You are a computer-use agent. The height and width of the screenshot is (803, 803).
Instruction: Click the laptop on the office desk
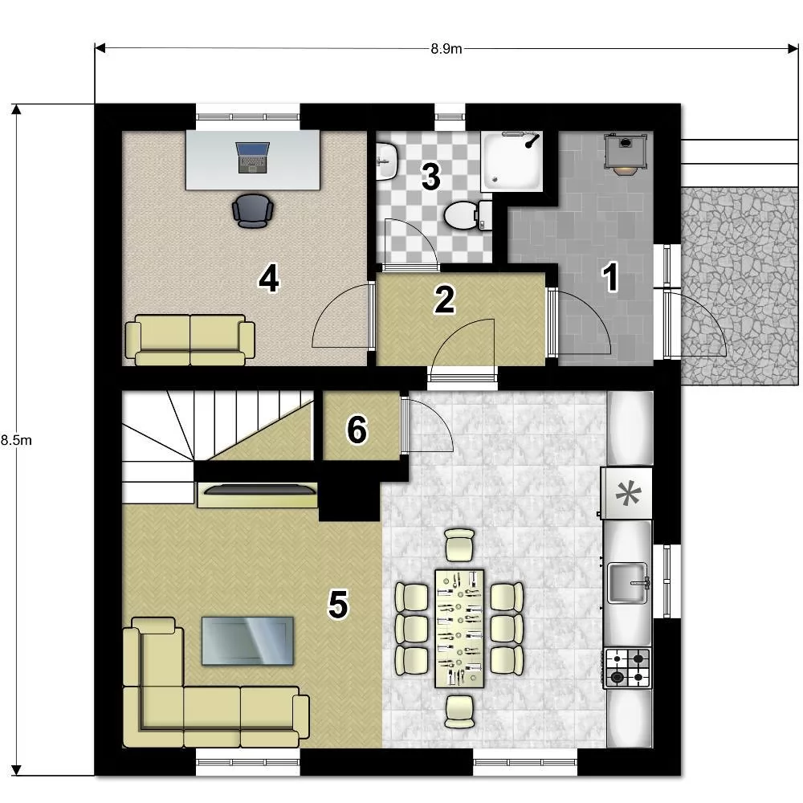[x=252, y=157]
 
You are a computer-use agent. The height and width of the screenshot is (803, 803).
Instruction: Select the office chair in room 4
[x=252, y=210]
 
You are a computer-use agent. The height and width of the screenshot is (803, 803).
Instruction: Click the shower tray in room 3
[x=512, y=161]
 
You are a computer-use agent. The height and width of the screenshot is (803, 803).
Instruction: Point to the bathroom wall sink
[x=387, y=161]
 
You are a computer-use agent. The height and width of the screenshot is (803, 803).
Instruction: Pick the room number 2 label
[x=444, y=300]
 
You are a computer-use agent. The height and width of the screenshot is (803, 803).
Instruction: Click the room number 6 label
[x=357, y=429]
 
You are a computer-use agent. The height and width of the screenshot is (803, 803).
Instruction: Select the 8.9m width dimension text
[x=446, y=49]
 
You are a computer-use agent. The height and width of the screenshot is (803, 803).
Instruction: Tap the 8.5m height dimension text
[x=16, y=440]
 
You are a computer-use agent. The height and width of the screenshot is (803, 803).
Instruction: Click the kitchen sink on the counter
[x=628, y=583]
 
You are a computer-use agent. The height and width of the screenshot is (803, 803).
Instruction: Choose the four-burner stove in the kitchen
[x=628, y=668]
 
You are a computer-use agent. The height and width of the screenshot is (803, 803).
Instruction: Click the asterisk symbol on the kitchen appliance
[x=628, y=494]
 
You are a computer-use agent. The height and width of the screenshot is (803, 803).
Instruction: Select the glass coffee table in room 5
[x=248, y=641]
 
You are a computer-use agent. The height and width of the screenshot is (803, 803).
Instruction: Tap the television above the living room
[x=259, y=490]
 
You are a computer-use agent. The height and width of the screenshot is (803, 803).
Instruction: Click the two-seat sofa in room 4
[x=190, y=340]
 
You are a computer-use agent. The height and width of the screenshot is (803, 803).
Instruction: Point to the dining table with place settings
[x=459, y=629]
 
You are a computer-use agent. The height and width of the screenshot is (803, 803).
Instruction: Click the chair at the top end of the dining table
[x=460, y=545]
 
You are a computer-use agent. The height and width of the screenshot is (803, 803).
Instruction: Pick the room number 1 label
[x=610, y=277]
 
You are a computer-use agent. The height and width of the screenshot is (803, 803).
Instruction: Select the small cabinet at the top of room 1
[x=626, y=153]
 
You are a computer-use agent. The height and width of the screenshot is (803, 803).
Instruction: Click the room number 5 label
[x=338, y=605]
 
